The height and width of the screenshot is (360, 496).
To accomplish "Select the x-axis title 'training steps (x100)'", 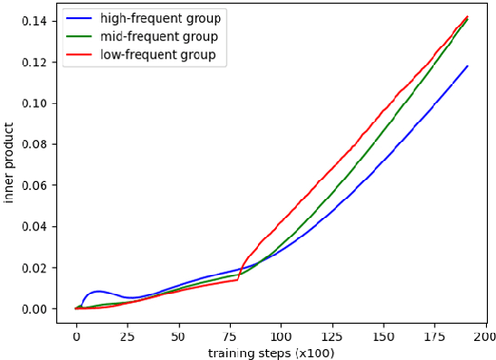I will [x=271, y=352].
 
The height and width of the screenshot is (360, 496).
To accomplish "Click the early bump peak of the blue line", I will [x=98, y=291].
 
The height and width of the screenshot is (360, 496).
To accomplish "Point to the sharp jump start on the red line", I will [x=238, y=280].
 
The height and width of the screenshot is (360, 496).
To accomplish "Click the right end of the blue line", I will [x=467, y=66].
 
